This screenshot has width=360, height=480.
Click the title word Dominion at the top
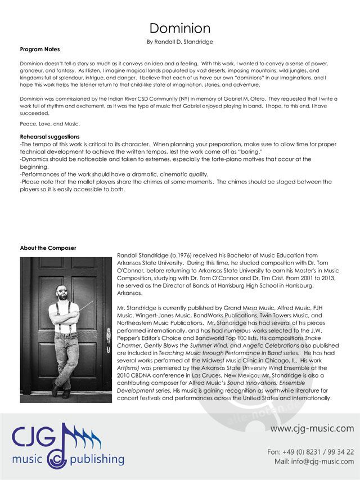[x=180, y=28]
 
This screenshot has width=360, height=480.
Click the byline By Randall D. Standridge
[x=179, y=42]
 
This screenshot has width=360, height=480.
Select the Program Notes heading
[x=40, y=50]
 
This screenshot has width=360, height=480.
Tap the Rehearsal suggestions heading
[x=49, y=137]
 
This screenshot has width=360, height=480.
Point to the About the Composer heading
[x=48, y=248]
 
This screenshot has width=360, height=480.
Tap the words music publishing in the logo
[x=68, y=459]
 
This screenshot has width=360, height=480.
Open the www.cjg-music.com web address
[x=312, y=429]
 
